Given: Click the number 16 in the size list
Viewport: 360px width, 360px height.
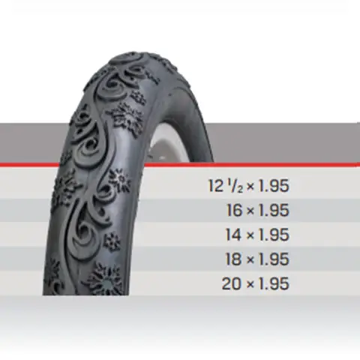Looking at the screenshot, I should click(232, 210).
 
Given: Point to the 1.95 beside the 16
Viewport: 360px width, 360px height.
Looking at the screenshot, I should click(273, 210).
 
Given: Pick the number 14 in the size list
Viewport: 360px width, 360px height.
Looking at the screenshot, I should click(232, 235).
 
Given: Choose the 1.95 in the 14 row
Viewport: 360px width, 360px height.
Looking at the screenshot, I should click(273, 235).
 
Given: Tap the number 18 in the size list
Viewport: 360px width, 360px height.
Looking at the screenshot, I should click(232, 259).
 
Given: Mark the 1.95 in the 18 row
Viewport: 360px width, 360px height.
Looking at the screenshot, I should click(273, 259).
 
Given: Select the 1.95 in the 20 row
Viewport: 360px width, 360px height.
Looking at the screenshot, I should click(273, 284).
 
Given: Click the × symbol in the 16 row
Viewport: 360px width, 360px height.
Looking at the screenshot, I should click(250, 211).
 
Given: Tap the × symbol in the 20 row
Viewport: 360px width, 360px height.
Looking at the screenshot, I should click(250, 285).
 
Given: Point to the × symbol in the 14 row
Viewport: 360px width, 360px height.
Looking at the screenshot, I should click(250, 235).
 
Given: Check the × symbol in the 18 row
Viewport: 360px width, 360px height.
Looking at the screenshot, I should click(250, 260).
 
